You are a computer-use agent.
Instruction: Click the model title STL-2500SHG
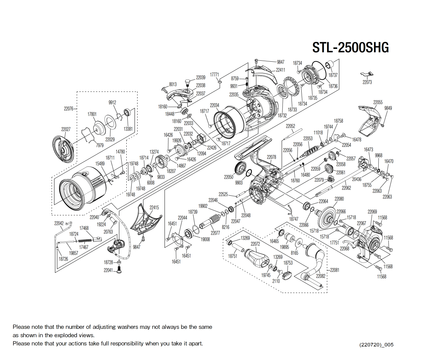tap(350, 48)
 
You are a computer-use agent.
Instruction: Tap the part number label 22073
tap(367, 82)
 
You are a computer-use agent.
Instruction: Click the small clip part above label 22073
tap(367, 74)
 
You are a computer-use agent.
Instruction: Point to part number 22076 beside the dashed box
tap(68, 109)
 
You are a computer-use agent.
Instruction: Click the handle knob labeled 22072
tap(256, 257)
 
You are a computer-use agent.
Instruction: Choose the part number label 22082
tap(321, 276)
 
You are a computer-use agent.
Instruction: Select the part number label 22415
tap(154, 207)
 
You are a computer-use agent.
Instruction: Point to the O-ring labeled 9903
tap(249, 173)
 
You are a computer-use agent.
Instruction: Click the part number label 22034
tap(214, 105)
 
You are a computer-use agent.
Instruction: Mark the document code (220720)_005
tap(376, 345)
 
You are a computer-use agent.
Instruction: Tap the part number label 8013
tap(173, 84)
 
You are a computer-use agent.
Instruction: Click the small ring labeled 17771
tap(219, 81)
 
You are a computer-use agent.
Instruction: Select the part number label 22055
tap(378, 102)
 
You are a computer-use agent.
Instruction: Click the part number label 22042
tap(59, 223)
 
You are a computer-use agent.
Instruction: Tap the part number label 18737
tap(333, 75)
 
